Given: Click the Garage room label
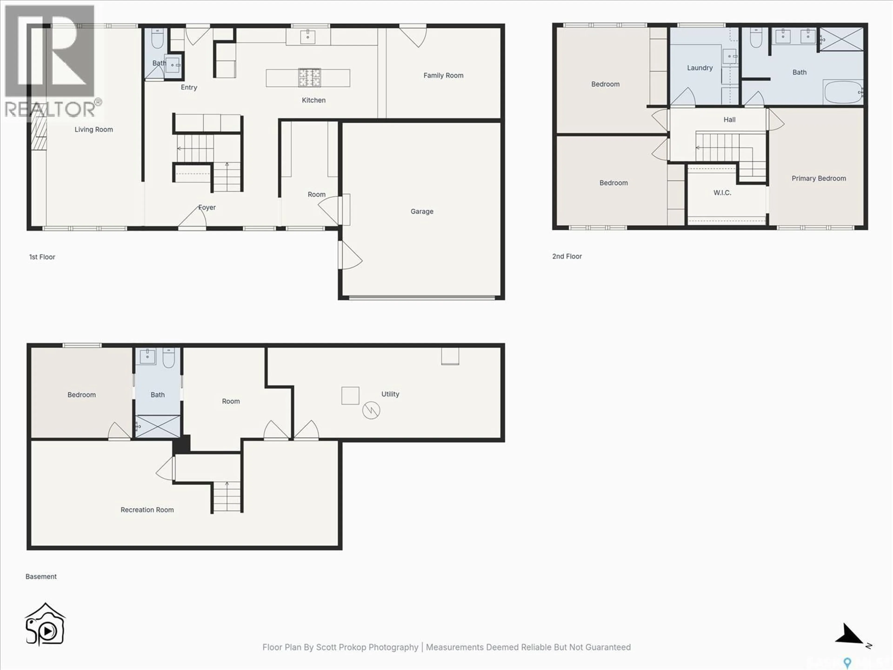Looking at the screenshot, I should point(422,211).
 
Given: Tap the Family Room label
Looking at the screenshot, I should point(443,76).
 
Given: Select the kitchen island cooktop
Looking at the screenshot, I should point(309,77).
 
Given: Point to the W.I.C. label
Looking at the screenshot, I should point(722,193).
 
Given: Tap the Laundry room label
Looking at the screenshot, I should point(700,68).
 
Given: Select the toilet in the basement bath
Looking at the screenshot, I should point(168,358).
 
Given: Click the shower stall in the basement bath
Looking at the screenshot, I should point(157,426).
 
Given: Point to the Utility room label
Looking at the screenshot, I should point(390,394).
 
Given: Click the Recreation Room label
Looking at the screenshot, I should point(147,510).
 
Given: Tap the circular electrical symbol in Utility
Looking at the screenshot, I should point(371,411).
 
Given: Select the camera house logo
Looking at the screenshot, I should point(45,624).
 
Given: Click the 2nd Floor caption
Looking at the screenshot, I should point(567,256).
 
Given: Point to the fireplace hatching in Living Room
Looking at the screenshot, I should point(39,133).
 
